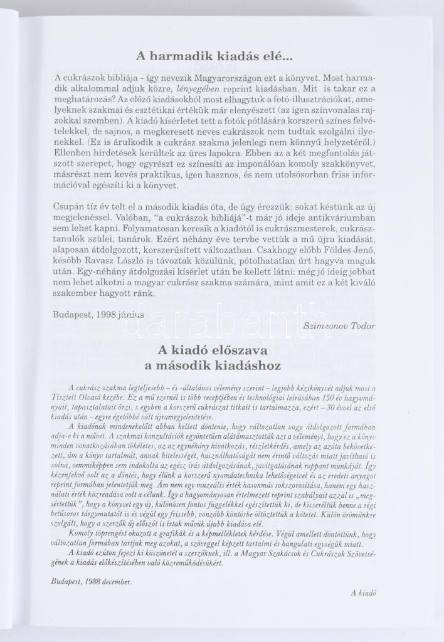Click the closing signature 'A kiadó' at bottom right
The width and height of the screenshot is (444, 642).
[362, 592]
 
